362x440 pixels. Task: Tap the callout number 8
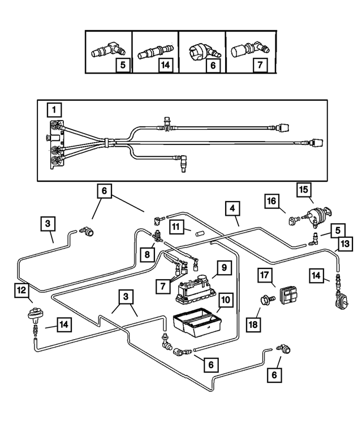(x=146, y=254)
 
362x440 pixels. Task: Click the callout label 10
(x=225, y=300)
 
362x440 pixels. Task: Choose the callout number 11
(x=176, y=227)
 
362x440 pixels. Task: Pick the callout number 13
(x=344, y=244)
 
